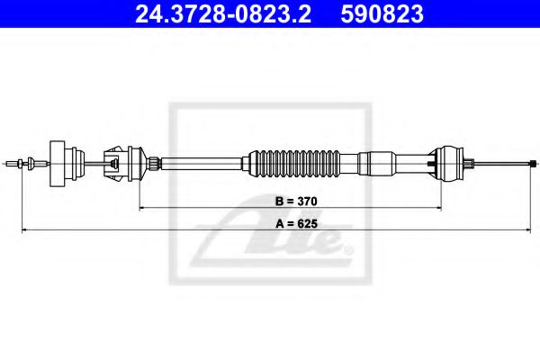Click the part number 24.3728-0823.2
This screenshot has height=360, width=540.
point(223,14)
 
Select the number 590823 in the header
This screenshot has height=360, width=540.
point(382,14)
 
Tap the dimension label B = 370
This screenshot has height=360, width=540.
point(296,202)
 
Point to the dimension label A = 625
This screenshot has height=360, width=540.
point(296,224)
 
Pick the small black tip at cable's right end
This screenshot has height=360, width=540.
point(534,163)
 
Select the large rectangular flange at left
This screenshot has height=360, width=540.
point(58,164)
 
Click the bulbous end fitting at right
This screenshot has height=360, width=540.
point(447,164)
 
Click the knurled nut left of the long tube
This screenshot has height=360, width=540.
point(154,163)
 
